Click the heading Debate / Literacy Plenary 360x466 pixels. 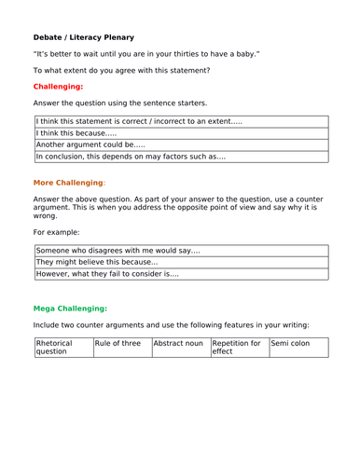tap(84, 37)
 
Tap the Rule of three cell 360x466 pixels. tap(120, 344)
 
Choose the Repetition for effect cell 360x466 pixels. tap(238, 348)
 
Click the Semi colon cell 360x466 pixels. tap(298, 344)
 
